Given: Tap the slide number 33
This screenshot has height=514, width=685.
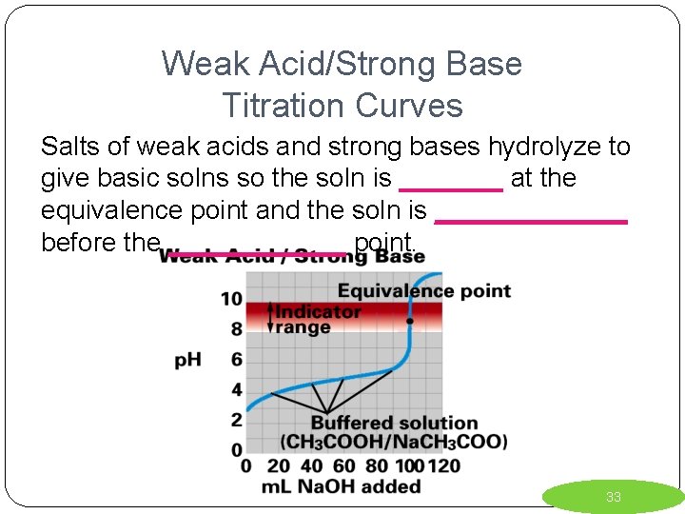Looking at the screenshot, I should pyautogui.click(x=614, y=497).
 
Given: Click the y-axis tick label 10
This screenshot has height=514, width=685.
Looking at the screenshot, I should pyautogui.click(x=232, y=299).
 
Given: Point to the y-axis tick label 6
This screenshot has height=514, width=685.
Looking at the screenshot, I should pyautogui.click(x=237, y=360).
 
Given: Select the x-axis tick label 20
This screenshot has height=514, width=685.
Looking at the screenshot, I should pyautogui.click(x=277, y=466).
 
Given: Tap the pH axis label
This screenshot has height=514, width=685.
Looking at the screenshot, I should pyautogui.click(x=187, y=360).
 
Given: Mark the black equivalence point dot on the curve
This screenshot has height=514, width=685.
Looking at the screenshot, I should pyautogui.click(x=409, y=322).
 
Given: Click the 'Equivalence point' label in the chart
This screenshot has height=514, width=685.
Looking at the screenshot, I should pyautogui.click(x=423, y=290).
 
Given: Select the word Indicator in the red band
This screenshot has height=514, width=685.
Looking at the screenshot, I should pyautogui.click(x=318, y=311).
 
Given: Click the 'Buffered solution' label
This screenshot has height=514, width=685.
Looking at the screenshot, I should pyautogui.click(x=394, y=423).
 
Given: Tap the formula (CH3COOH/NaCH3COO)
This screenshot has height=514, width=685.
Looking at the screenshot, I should pyautogui.click(x=394, y=442).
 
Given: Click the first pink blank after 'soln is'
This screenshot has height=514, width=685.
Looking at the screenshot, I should pyautogui.click(x=450, y=189).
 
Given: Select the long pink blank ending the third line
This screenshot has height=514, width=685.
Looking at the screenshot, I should pyautogui.click(x=530, y=220).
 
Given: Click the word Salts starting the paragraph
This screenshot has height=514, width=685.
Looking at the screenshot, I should pyautogui.click(x=67, y=147).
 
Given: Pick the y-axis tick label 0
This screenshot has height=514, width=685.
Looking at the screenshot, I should pyautogui.click(x=237, y=449).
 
